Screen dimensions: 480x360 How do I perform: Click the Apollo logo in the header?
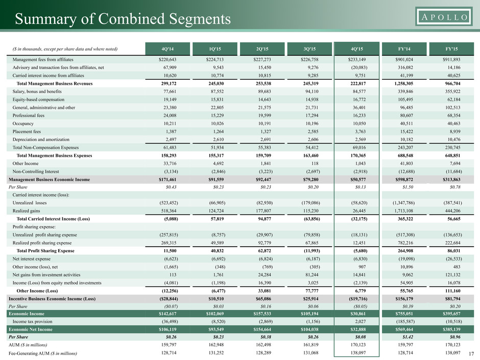444,16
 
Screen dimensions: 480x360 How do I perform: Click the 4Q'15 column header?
356,49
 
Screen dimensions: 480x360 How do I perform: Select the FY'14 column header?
404,49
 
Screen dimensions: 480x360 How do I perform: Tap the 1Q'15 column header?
215,49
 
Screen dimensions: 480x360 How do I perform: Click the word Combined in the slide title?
132,19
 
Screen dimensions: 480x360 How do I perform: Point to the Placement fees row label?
27,132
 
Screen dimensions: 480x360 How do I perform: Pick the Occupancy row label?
23,124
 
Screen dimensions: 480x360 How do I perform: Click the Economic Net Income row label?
31,329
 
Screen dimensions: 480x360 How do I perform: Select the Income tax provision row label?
33,321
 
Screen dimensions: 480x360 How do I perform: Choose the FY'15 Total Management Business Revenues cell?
452,84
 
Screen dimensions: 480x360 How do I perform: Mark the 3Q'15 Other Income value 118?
315,163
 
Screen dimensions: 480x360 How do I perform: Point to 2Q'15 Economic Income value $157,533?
262,314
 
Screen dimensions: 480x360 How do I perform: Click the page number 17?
471,354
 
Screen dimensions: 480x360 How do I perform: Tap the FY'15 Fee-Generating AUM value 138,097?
452,353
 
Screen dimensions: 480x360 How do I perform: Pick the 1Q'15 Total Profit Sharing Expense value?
217,251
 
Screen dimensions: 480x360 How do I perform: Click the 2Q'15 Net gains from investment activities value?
265,275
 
